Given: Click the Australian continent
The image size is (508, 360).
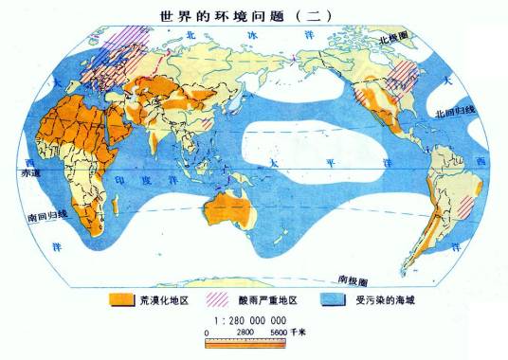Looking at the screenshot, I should point(234,209).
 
